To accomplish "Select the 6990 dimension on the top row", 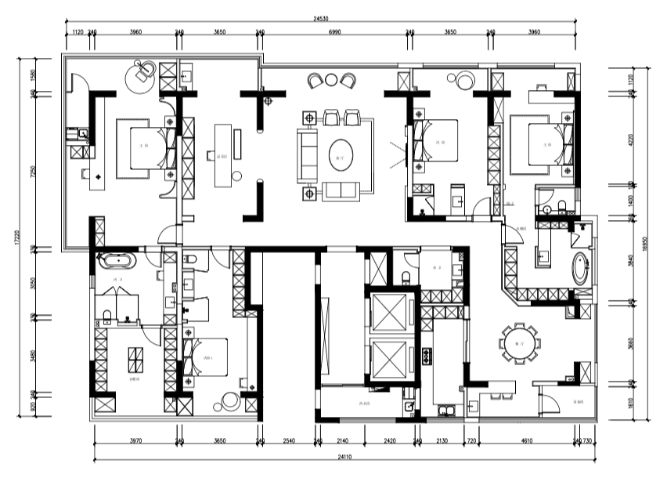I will [x=335, y=33].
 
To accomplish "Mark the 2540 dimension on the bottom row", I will [x=288, y=442].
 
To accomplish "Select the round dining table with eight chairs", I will [x=519, y=343].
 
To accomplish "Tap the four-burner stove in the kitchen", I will [x=427, y=357].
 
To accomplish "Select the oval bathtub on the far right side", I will [x=580, y=269].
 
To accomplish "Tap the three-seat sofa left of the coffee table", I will [x=308, y=154].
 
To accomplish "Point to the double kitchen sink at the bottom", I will [x=446, y=409].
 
